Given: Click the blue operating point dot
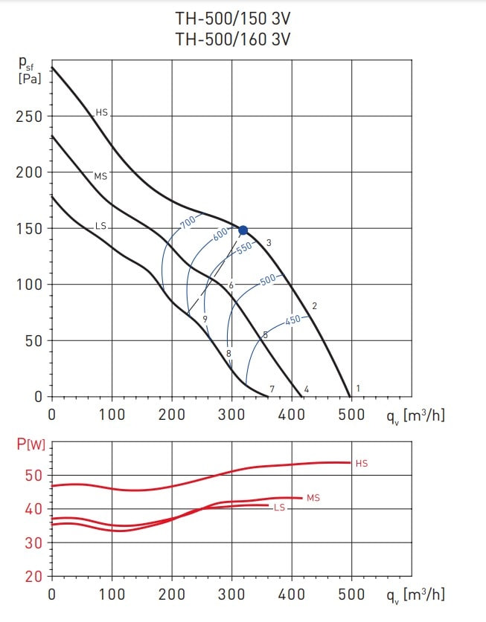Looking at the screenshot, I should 243,230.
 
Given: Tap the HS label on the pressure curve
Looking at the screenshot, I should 102,113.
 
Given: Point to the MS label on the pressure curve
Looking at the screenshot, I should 100,176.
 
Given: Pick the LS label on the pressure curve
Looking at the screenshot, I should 101,225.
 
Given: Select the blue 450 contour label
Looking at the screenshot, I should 293,320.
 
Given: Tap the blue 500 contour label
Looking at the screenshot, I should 268,280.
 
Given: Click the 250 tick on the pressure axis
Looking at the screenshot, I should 28,117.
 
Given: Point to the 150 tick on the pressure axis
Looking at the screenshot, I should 28,229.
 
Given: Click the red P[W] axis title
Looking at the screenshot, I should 31,446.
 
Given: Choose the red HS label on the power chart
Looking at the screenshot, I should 362,464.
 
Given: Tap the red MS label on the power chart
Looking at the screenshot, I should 313,498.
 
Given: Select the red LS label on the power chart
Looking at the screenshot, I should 279,508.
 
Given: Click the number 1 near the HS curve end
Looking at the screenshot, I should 358,389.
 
